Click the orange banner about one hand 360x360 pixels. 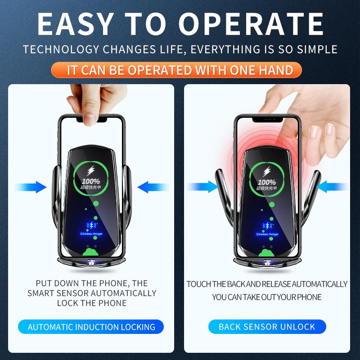[x=180, y=70]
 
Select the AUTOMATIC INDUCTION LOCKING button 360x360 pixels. [x=91, y=327]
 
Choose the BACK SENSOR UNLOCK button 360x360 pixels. [x=267, y=327]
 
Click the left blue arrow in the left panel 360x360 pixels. [x=31, y=187]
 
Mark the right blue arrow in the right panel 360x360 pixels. [x=333, y=186]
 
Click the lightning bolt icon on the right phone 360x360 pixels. [x=267, y=171]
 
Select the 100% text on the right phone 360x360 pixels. [x=267, y=182]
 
